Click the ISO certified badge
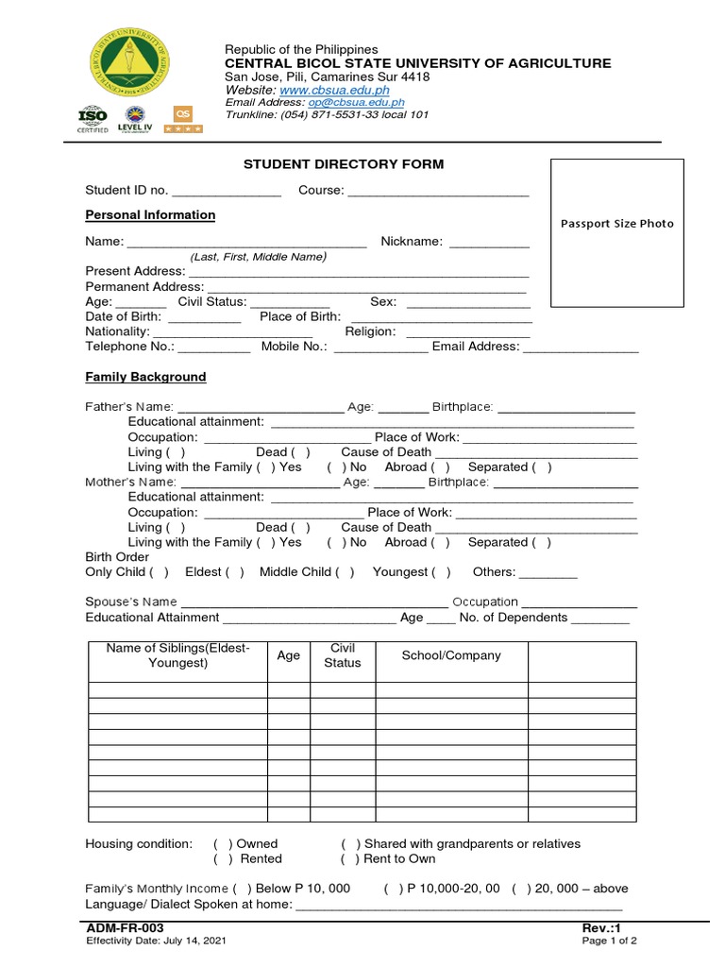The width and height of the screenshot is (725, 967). [x=92, y=120]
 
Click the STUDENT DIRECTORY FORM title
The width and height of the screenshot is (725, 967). [x=344, y=164]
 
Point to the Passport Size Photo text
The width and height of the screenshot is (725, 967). [x=617, y=224]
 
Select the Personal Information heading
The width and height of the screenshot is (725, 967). [x=150, y=215]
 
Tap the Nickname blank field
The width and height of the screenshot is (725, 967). [x=489, y=243]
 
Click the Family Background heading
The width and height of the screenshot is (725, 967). [x=145, y=377]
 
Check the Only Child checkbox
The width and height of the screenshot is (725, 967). [x=160, y=572]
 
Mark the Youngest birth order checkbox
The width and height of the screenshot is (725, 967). [x=442, y=572]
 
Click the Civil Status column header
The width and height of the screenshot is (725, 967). [x=342, y=655]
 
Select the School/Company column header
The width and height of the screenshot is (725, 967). [x=451, y=655]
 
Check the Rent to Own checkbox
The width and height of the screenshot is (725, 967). [x=350, y=859]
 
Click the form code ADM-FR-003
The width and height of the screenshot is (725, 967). [x=118, y=929]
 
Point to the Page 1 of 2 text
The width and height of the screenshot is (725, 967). [x=610, y=941]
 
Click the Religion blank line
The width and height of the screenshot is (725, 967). [x=468, y=333]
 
